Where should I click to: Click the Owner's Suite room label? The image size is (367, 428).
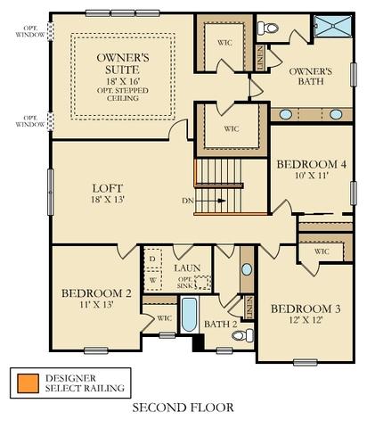pyautogui.click(x=123, y=63)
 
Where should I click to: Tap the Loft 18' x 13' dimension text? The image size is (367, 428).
pyautogui.click(x=108, y=199)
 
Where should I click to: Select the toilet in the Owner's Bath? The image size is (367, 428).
pyautogui.click(x=267, y=29)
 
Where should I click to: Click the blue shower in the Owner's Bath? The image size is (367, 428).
pyautogui.click(x=332, y=26)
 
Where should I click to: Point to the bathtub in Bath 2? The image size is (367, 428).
pyautogui.click(x=189, y=315)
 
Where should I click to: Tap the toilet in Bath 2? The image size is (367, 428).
pyautogui.click(x=242, y=335)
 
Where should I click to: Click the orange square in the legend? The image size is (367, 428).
pyautogui.click(x=28, y=383)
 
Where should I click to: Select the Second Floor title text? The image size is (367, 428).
pyautogui.click(x=183, y=407)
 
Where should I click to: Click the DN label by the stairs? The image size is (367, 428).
pyautogui.click(x=188, y=201)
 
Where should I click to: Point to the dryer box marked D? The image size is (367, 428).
pyautogui.click(x=153, y=259)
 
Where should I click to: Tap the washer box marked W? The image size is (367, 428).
pyautogui.click(x=153, y=280)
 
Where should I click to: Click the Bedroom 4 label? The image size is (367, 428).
pyautogui.click(x=312, y=164)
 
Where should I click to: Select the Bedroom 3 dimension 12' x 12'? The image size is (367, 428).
pyautogui.click(x=306, y=319)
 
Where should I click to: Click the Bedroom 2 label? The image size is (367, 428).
pyautogui.click(x=96, y=293)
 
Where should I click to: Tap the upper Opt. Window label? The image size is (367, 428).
pyautogui.click(x=30, y=31)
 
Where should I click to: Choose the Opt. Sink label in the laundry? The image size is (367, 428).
pyautogui.click(x=185, y=283)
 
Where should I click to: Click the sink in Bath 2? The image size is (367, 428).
pyautogui.click(x=247, y=269)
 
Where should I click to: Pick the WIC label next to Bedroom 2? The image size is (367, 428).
pyautogui.click(x=164, y=318)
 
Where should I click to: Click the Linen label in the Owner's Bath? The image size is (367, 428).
pyautogui.click(x=260, y=58)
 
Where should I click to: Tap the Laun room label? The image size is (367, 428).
pyautogui.click(x=187, y=267)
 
